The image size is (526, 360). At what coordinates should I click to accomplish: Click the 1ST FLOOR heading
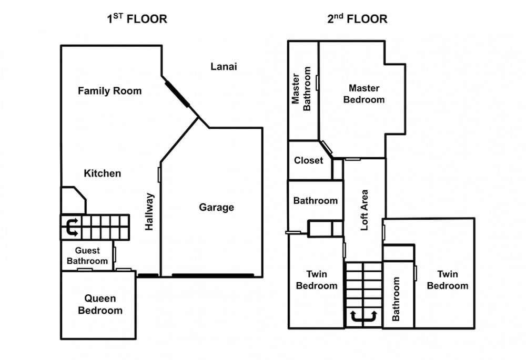(x=137, y=18)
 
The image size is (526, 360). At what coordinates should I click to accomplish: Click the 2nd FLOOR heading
(x=357, y=18)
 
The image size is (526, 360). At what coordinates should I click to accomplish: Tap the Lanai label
(x=224, y=66)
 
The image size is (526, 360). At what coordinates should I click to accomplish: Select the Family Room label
(x=110, y=91)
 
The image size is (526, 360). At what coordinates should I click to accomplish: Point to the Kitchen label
(x=103, y=173)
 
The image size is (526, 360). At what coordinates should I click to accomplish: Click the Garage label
(x=216, y=208)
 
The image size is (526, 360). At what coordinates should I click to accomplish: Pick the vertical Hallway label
(x=149, y=211)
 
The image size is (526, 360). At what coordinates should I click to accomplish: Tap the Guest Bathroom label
(x=87, y=256)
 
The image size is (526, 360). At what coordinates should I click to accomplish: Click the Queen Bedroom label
(x=100, y=304)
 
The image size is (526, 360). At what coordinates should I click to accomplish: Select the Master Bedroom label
(x=364, y=94)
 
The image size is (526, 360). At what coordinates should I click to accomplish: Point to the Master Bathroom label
(x=301, y=88)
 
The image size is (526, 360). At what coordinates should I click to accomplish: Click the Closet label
(x=309, y=160)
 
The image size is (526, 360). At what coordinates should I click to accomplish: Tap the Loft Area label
(x=365, y=210)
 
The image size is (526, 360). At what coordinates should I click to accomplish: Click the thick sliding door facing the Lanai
(x=177, y=94)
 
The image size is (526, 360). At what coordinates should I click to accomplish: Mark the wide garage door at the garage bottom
(x=213, y=275)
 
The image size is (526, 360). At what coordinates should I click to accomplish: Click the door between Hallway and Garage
(x=159, y=174)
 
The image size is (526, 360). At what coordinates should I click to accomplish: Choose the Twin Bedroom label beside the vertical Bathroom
(x=448, y=280)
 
